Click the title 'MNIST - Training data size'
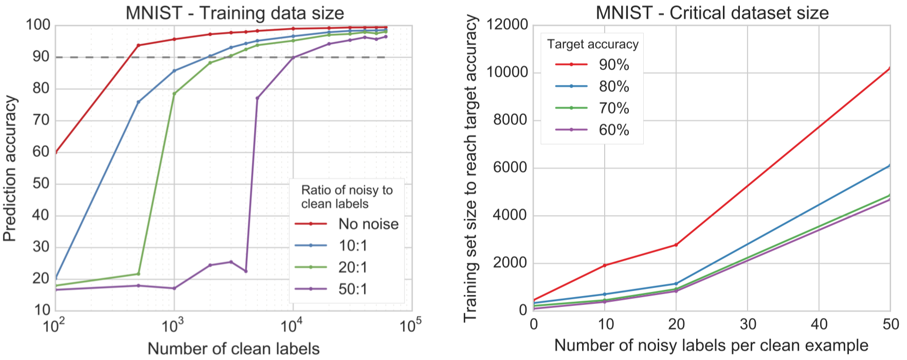pyautogui.click(x=234, y=12)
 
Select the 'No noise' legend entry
pyautogui.click(x=368, y=224)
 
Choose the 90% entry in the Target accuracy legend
pyautogui.click(x=614, y=65)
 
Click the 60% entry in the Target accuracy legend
pyautogui.click(x=614, y=130)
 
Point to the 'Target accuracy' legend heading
pyautogui.click(x=592, y=44)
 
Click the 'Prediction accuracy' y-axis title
pyautogui.click(x=10, y=169)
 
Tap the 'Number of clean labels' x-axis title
pyautogui.click(x=233, y=349)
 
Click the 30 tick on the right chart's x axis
pyautogui.click(x=748, y=325)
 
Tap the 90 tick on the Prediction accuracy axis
pyautogui.click(x=41, y=57)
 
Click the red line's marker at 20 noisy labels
pyautogui.click(x=676, y=245)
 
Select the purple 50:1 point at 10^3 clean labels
pyautogui.click(x=174, y=289)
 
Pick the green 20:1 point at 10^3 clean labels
pyautogui.click(x=174, y=94)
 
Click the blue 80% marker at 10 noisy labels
pyautogui.click(x=605, y=294)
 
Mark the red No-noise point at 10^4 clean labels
pyautogui.click(x=293, y=29)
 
